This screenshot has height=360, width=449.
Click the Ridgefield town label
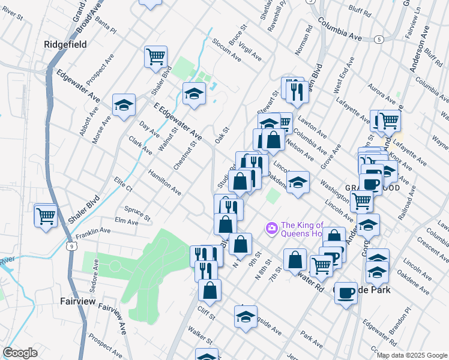click(65, 44)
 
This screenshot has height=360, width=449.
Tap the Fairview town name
click(78, 301)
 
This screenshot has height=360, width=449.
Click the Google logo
click(20, 353)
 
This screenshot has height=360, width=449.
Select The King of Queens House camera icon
click(271, 227)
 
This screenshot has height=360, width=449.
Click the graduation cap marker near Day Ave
click(123, 106)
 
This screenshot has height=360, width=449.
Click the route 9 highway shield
click(71, 246)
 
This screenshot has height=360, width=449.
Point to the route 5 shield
click(378, 39)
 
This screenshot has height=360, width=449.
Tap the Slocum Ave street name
click(227, 50)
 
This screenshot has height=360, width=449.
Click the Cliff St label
click(206, 313)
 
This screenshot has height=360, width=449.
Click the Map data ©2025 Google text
click(412, 355)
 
